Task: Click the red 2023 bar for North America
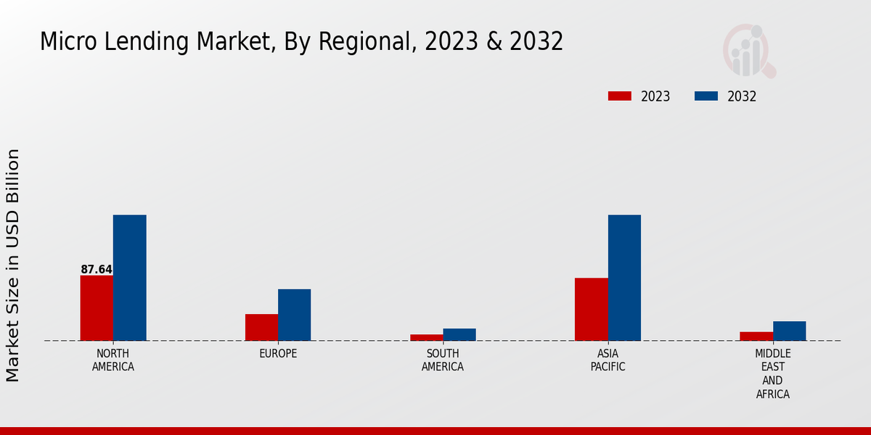click(x=97, y=307)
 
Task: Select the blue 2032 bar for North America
click(x=129, y=278)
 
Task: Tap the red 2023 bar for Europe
click(x=261, y=327)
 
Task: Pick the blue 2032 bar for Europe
click(x=294, y=315)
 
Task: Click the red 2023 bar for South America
click(x=426, y=337)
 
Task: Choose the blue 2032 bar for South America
click(x=459, y=334)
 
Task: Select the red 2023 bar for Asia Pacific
click(x=591, y=309)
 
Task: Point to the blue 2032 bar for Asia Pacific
click(x=624, y=278)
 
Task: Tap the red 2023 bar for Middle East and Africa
click(x=756, y=336)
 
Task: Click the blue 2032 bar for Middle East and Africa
click(x=789, y=331)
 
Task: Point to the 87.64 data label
click(x=97, y=270)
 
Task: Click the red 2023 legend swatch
click(x=619, y=96)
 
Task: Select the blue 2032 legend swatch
click(x=706, y=96)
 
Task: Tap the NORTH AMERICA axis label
click(x=113, y=360)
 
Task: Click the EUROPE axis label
click(x=278, y=354)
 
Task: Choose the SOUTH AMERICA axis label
click(x=443, y=360)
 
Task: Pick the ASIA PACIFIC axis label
click(x=608, y=360)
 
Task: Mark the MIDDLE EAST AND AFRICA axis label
click(x=772, y=374)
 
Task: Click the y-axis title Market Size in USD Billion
click(x=13, y=265)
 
